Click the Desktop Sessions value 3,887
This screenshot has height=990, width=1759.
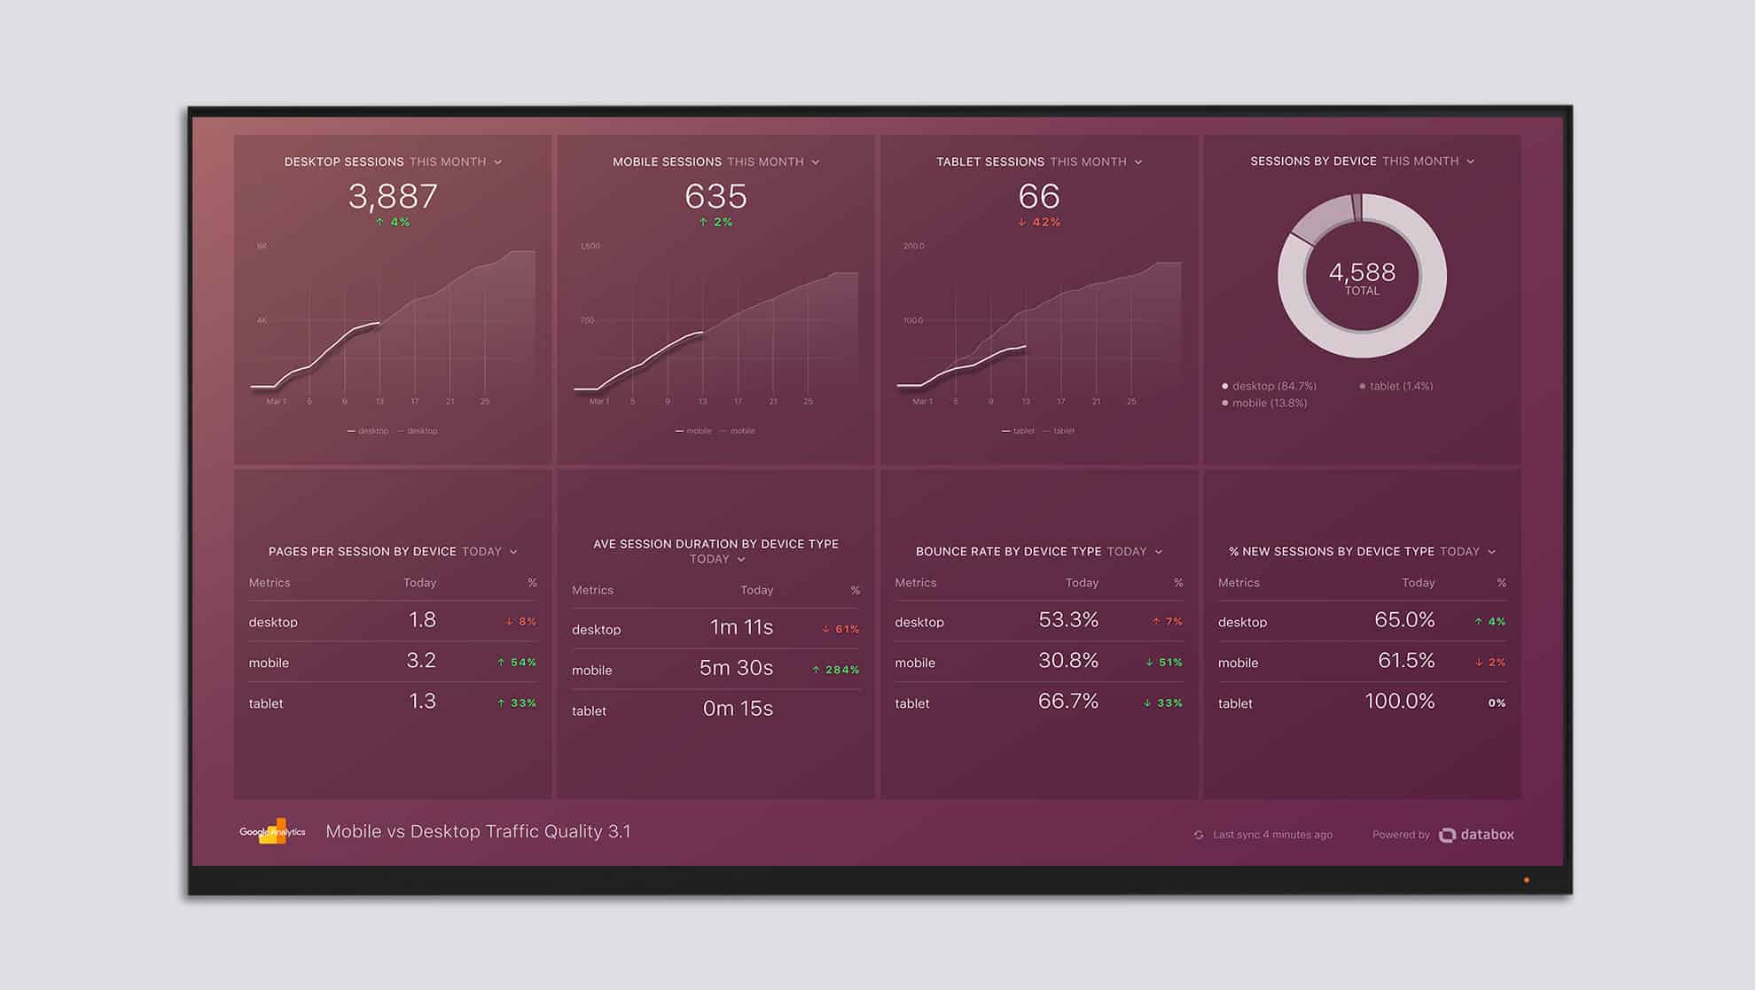(393, 196)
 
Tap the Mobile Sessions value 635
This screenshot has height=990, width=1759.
(715, 196)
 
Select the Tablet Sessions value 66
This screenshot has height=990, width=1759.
(1038, 196)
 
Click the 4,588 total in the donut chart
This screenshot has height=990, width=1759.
(1362, 272)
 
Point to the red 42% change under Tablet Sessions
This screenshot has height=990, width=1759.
(1039, 223)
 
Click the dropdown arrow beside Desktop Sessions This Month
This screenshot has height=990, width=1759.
(498, 162)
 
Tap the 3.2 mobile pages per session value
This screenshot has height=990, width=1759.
(421, 661)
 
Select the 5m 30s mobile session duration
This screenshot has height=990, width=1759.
(736, 668)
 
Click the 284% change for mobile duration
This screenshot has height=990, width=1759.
(836, 670)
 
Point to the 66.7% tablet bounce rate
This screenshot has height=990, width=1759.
(1067, 702)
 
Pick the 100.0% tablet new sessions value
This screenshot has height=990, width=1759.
(1399, 702)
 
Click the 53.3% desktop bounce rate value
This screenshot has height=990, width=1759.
(1067, 620)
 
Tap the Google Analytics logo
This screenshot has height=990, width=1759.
(272, 831)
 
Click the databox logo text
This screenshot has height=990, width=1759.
(1487, 835)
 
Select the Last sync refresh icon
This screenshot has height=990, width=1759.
(1199, 835)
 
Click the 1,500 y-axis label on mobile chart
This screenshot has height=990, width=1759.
(590, 246)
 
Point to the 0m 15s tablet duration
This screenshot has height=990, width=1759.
(738, 709)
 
